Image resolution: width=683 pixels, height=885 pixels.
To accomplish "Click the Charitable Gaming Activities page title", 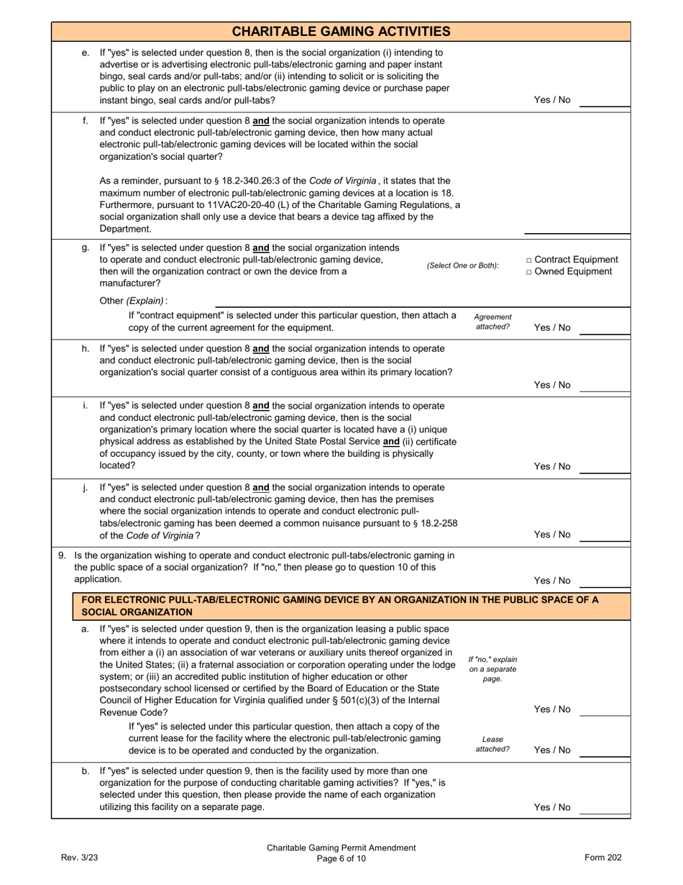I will [341, 31].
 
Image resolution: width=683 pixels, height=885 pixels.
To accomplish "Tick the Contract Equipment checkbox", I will [530, 260].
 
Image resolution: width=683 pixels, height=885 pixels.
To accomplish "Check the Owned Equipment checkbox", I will [530, 272].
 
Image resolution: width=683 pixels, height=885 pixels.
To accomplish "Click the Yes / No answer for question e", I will [551, 100].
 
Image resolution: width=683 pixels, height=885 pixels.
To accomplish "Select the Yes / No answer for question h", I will [551, 385].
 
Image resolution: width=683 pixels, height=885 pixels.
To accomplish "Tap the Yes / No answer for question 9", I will [551, 581].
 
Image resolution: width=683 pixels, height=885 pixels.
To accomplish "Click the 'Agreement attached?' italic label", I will [492, 322].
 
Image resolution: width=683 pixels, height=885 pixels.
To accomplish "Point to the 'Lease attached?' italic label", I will [492, 744].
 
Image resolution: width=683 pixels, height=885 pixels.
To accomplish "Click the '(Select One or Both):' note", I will [462, 265].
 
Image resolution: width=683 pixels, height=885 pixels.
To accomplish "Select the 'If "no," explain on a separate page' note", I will [492, 669].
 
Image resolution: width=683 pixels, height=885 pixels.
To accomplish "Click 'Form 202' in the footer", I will [602, 857].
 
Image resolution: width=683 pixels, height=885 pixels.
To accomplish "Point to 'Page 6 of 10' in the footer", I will [341, 858].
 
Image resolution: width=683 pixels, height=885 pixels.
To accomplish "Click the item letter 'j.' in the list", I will [85, 487].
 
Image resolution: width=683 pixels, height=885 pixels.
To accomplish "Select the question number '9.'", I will [62, 555].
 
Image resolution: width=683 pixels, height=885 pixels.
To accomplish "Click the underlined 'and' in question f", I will [261, 120].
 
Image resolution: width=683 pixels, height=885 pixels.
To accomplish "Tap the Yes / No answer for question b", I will [551, 807].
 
